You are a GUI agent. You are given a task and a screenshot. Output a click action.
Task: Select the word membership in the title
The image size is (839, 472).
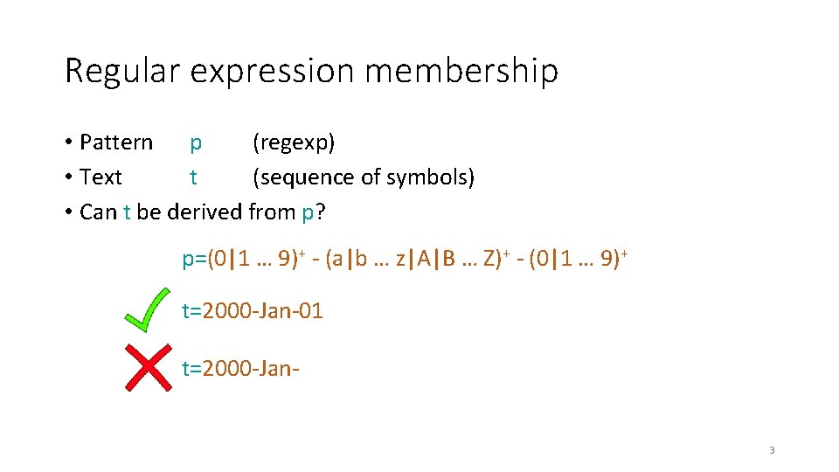461,71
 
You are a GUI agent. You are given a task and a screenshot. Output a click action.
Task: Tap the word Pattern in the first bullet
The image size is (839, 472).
115,142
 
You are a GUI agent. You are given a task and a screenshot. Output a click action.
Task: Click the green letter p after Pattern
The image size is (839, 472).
196,143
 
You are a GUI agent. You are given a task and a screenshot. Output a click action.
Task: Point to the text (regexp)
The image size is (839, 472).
294,142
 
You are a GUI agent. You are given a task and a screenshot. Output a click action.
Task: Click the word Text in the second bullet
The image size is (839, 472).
101,177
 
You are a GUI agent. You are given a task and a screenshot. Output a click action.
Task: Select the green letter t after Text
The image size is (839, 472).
193,177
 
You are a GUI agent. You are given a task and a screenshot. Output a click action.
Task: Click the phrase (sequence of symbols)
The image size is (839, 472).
363,177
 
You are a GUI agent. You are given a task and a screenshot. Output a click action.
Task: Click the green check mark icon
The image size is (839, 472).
147,309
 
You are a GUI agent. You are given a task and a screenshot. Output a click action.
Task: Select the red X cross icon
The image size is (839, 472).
149,367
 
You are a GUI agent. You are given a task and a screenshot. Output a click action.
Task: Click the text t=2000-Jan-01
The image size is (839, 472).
252,310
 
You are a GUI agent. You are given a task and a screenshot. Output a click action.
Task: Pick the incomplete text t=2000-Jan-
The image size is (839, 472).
240,368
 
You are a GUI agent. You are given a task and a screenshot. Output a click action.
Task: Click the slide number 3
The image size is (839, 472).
772,450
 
